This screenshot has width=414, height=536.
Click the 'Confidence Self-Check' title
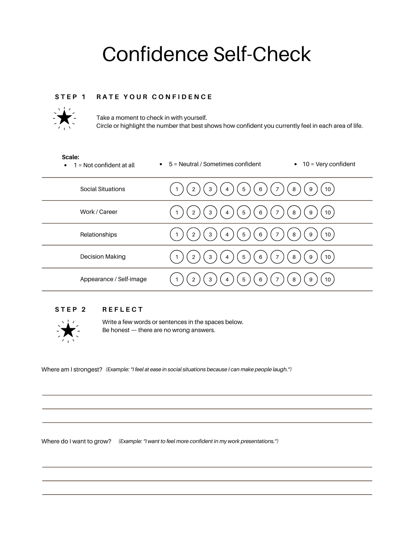click(x=207, y=54)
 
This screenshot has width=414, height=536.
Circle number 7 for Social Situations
click(x=277, y=189)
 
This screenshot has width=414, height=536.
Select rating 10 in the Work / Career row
click(x=328, y=212)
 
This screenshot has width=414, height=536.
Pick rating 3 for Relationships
click(x=210, y=235)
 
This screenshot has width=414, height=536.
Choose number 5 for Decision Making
click(x=244, y=257)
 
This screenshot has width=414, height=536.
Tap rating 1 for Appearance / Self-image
click(x=177, y=279)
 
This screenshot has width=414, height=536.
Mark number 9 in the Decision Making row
click(x=311, y=257)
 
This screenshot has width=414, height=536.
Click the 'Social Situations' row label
click(x=102, y=189)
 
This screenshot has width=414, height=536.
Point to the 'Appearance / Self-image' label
click(x=113, y=279)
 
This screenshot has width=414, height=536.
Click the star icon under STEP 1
click(x=65, y=118)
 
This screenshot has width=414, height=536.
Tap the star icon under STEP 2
click(x=68, y=331)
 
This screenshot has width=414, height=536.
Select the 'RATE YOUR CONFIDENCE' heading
click(x=154, y=97)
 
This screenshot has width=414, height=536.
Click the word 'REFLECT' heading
click(x=122, y=310)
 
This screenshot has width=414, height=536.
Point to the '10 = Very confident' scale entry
click(x=328, y=164)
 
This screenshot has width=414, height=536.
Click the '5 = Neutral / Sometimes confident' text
click(x=215, y=164)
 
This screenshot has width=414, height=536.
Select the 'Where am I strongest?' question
click(x=72, y=370)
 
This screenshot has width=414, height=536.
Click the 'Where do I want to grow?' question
click(x=76, y=441)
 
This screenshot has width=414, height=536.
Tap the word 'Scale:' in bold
click(x=70, y=157)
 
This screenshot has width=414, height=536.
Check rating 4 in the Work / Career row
click(x=227, y=212)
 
